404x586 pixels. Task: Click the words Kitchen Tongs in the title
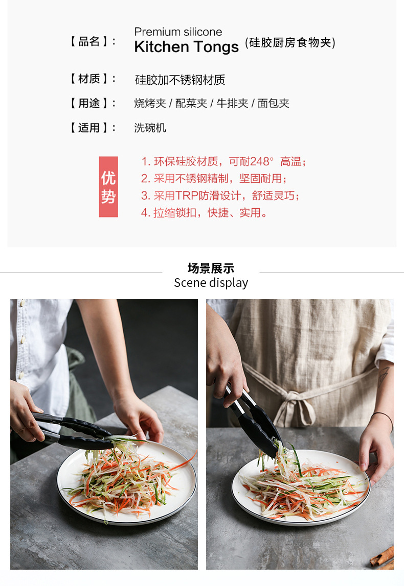click(186, 47)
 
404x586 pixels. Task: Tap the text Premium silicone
click(178, 32)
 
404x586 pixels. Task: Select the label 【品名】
click(93, 42)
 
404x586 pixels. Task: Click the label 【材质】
click(93, 79)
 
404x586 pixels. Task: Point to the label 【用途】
click(93, 103)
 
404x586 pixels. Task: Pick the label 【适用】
click(93, 128)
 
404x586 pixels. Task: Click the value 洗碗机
click(150, 128)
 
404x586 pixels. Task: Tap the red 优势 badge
click(108, 187)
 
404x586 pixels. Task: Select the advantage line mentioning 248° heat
click(223, 162)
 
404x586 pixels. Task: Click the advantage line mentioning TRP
click(220, 196)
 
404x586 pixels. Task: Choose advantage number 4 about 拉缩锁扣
click(204, 212)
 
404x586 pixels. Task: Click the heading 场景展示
click(211, 268)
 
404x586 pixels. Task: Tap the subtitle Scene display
click(211, 283)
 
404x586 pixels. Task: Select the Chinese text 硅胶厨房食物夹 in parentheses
click(290, 43)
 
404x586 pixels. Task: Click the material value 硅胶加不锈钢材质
click(179, 80)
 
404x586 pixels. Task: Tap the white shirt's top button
click(21, 303)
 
